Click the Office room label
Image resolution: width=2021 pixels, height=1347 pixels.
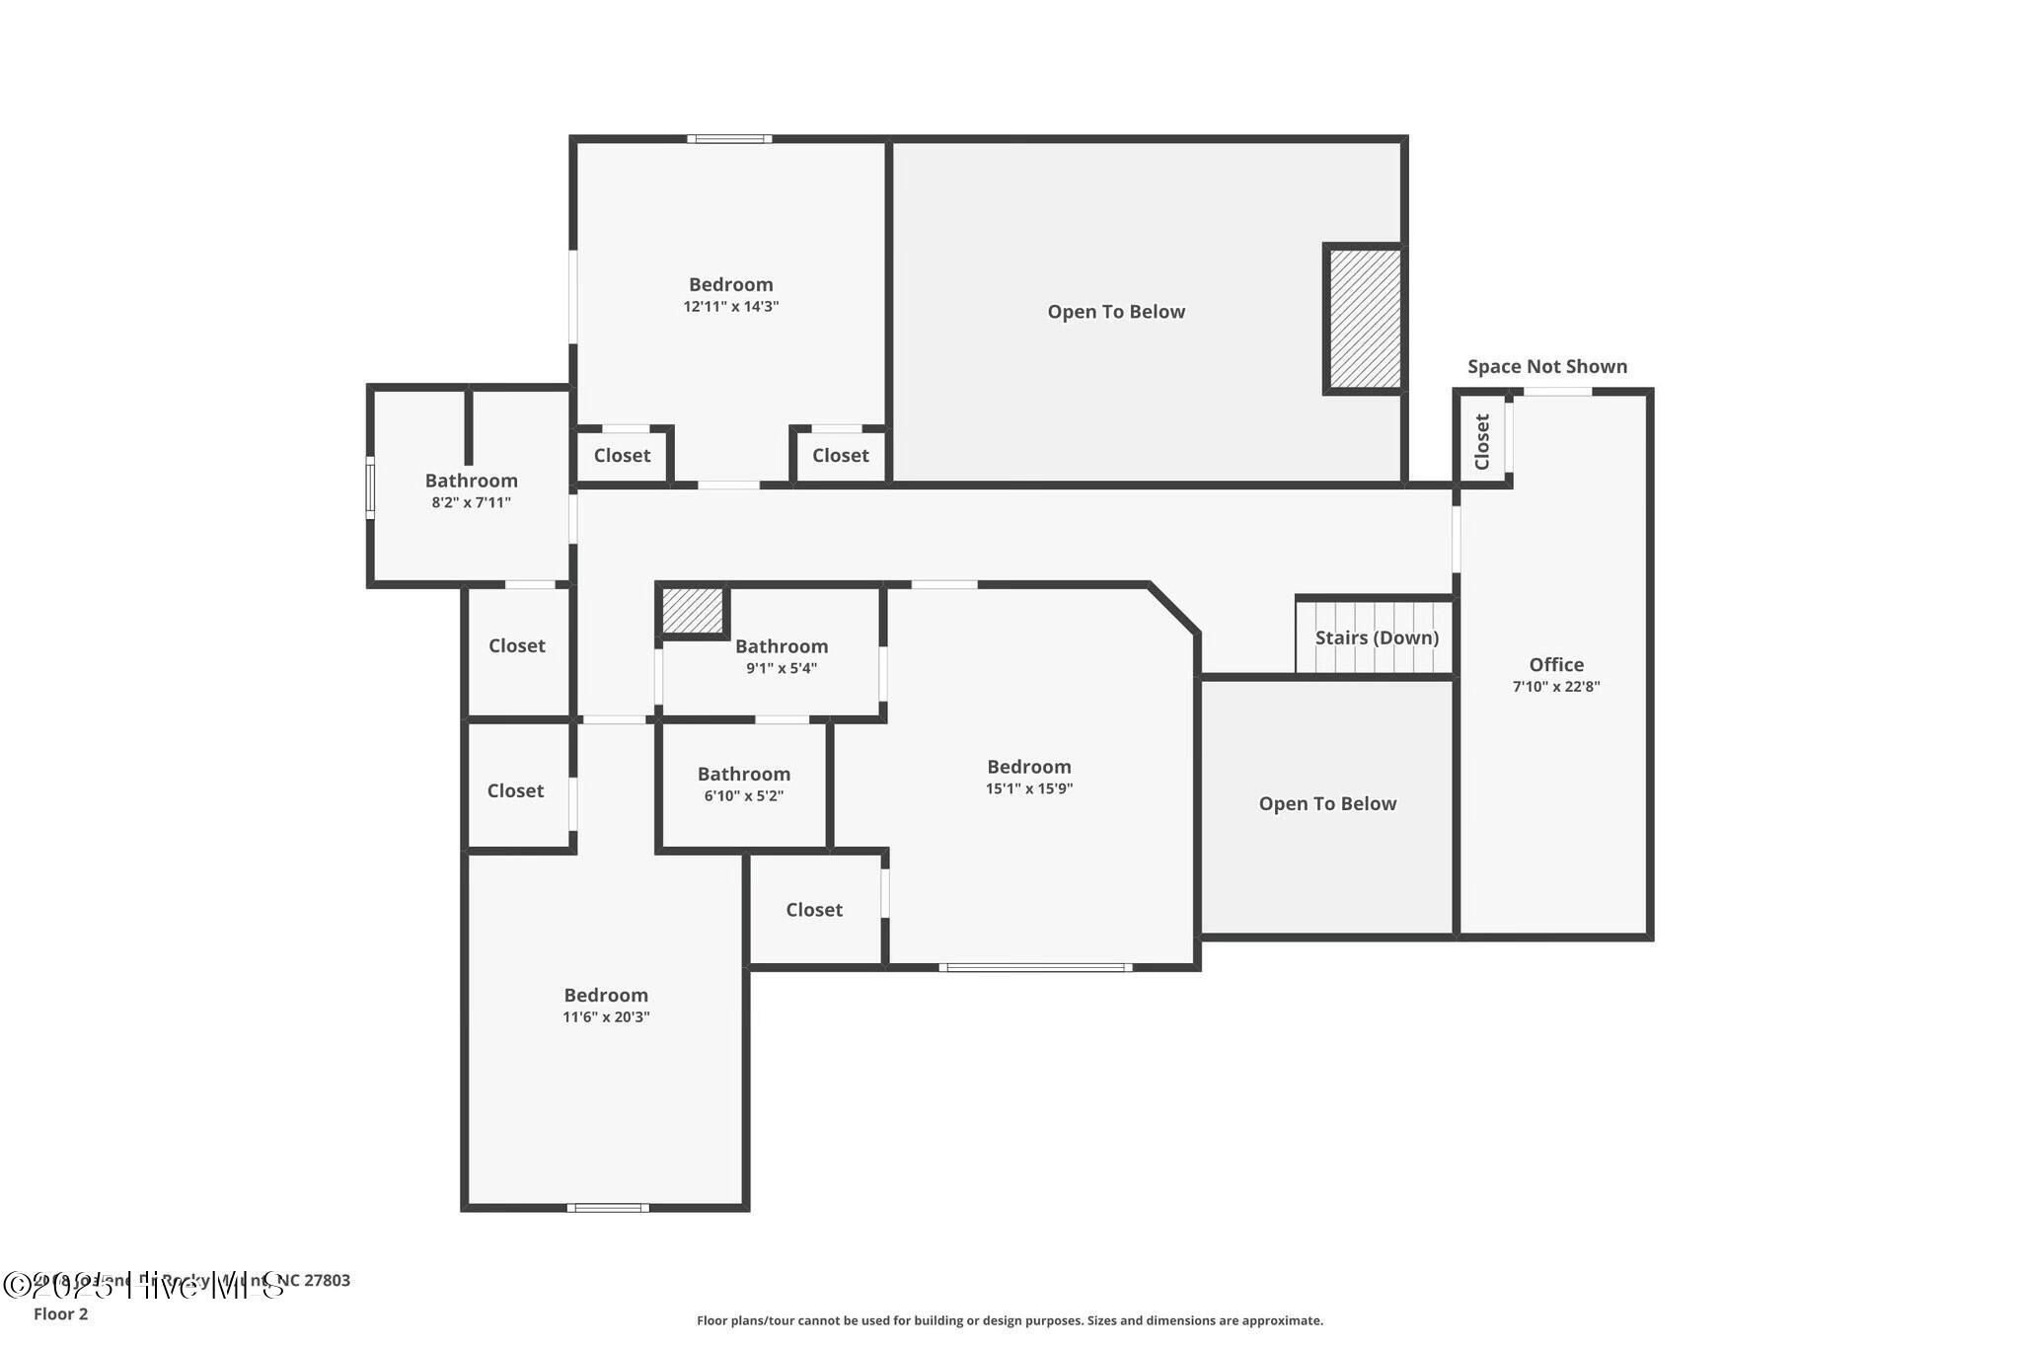pos(1556,665)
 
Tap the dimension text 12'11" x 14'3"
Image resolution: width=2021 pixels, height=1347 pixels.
pos(731,307)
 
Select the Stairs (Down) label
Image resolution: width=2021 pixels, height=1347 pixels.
pos(1377,637)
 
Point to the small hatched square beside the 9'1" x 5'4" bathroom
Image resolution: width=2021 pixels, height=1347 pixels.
pos(693,611)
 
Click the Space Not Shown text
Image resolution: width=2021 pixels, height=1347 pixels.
pos(1546,367)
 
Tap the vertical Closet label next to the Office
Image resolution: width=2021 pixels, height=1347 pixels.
pos(1481,441)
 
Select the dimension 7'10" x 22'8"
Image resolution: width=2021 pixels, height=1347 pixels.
pos(1556,687)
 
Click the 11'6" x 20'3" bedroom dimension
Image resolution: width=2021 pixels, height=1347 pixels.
pos(606,1017)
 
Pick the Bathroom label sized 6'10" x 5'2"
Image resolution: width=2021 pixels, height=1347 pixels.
pos(744,775)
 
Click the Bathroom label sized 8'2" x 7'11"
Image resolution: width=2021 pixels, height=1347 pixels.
pos(472,481)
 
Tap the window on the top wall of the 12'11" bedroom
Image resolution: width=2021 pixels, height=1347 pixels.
pos(729,139)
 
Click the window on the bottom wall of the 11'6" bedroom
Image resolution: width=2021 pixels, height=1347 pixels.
pos(608,1207)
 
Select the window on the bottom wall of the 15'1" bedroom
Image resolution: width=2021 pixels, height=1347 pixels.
pos(1034,967)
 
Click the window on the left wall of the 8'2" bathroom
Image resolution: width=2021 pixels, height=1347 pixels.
pos(371,486)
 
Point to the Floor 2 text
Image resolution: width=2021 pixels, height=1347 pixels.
pos(61,1313)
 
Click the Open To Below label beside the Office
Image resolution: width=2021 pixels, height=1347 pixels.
pos(1327,804)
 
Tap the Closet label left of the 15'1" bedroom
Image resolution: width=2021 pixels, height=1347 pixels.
pos(814,910)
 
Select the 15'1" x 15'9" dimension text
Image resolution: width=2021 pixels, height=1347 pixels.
pos(1029,788)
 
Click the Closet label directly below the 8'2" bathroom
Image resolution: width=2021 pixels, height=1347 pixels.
pos(517,645)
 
